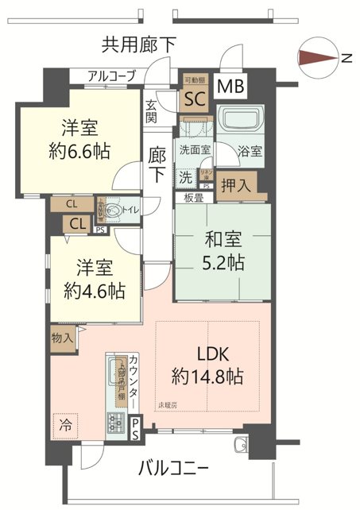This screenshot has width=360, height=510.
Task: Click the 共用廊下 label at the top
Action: (x=139, y=44)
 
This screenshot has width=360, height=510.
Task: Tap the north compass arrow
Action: (x=315, y=56)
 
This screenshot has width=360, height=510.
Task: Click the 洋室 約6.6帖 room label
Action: (x=82, y=138)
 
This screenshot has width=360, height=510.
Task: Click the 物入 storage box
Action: (x=63, y=338)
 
